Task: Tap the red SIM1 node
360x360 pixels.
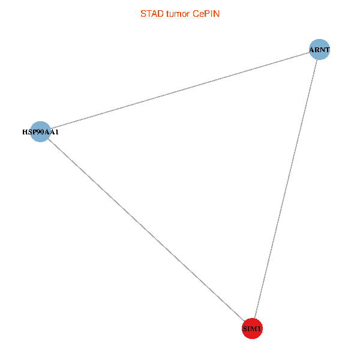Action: [252, 328]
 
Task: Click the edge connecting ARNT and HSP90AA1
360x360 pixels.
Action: [180, 91]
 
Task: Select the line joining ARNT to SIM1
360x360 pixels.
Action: [286, 189]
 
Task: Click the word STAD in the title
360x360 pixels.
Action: [151, 14]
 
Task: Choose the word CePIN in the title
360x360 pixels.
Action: [206, 14]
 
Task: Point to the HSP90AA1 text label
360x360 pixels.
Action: [40, 131]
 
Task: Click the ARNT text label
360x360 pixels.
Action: [320, 50]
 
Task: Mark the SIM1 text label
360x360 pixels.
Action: [252, 329]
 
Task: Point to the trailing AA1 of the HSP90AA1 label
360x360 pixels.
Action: [52, 131]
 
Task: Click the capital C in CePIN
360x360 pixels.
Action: [196, 14]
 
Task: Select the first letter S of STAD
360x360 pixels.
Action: [143, 14]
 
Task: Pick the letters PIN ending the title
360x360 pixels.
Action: [212, 14]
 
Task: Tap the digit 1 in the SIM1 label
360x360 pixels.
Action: [260, 329]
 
